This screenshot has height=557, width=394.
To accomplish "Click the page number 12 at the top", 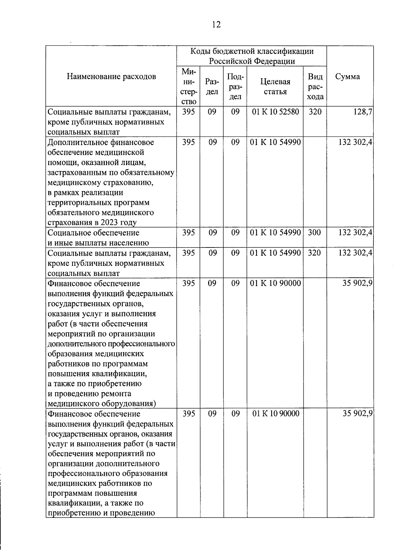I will [x=216, y=25].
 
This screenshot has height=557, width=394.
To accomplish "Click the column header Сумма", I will [x=347, y=76].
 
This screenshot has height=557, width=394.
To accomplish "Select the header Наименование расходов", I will [x=111, y=76].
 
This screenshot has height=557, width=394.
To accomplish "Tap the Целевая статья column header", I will [x=275, y=87].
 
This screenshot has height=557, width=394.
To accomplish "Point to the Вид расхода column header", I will [x=315, y=87].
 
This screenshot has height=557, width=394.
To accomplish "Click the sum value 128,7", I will [x=364, y=112].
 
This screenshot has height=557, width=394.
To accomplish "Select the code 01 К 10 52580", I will [x=275, y=112].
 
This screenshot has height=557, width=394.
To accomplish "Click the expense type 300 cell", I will [x=315, y=233].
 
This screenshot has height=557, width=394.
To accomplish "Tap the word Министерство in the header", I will [x=188, y=86].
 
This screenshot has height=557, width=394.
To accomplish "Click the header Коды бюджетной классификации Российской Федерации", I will [x=252, y=56].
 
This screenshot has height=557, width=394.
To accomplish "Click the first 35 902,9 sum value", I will [x=357, y=283].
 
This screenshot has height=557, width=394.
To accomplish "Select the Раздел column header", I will [x=212, y=87].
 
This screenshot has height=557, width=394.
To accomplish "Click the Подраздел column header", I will [x=235, y=87].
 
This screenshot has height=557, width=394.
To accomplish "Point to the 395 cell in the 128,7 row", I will [x=188, y=112].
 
